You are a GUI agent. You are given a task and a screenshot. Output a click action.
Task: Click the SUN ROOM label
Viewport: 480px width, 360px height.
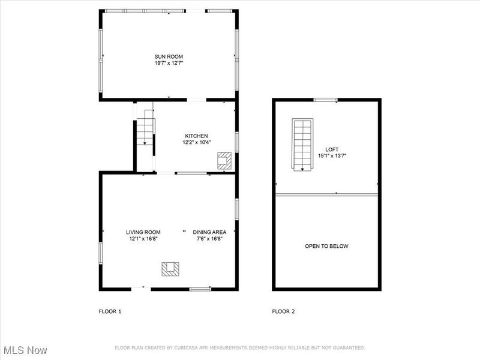coord(169,56)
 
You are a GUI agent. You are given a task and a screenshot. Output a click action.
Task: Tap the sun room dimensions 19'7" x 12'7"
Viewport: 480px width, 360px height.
coord(169,62)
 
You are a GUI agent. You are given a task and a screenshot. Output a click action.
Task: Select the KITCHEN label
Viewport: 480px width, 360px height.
coord(196,136)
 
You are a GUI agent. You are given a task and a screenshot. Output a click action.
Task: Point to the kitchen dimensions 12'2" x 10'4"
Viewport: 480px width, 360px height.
coord(196,143)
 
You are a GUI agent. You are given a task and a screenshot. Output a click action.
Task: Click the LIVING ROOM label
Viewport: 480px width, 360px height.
coord(143,232)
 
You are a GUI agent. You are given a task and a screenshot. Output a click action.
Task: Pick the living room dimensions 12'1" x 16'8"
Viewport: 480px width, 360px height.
coord(143,239)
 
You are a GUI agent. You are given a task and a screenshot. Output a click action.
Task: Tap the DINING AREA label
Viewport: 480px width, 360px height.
coord(209,232)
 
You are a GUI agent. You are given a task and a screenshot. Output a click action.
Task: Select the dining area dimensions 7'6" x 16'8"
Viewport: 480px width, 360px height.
coord(209,239)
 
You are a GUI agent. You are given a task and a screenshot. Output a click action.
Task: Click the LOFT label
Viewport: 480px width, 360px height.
coord(332,149)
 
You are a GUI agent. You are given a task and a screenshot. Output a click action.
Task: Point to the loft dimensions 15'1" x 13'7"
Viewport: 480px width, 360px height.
coord(332,156)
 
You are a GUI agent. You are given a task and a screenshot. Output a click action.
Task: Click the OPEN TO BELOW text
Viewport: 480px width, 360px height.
coord(326,246)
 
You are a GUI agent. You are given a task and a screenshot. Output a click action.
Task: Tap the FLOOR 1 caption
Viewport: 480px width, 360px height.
coord(110,311)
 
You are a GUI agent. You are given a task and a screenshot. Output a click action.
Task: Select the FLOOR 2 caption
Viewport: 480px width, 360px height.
coord(283,311)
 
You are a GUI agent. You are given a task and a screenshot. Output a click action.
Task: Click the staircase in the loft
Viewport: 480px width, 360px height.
coord(303,144)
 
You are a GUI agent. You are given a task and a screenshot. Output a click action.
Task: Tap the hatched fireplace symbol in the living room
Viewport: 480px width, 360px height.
coord(170,268)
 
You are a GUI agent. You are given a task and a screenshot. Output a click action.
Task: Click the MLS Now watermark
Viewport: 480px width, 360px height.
coord(25,350)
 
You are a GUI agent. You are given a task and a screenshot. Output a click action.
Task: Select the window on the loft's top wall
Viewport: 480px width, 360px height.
coord(325,100)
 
